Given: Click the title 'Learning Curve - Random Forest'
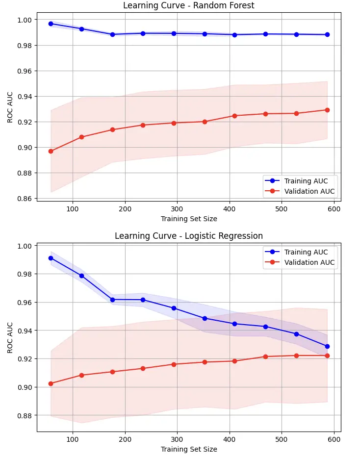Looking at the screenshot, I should (189, 6).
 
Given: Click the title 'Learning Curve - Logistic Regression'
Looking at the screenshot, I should (189, 236).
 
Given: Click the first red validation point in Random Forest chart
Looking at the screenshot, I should (51, 151).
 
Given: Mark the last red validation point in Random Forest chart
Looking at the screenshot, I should (327, 110).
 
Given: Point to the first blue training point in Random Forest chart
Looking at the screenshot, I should (51, 24).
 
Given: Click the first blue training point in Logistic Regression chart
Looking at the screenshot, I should (51, 258).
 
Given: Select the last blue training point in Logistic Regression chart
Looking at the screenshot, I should (327, 346).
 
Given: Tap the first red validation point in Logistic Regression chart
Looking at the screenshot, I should (51, 383).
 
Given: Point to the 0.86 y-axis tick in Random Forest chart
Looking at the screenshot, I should (24, 199).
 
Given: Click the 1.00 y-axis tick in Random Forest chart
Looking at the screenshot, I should (24, 20).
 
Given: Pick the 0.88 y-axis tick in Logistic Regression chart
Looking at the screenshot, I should (24, 416).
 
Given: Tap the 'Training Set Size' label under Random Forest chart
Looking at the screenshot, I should (189, 219).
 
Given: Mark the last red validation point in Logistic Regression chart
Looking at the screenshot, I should (327, 356).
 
